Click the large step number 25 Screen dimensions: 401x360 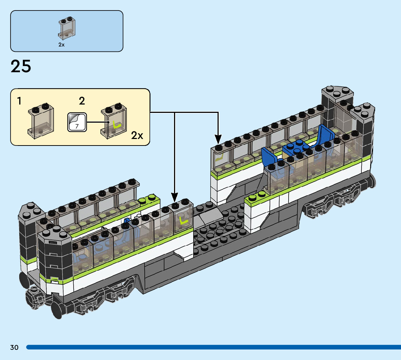pyautogui.click(x=21, y=66)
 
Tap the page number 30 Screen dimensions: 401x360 pyautogui.click(x=15, y=347)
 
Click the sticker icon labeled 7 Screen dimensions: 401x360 pyautogui.click(x=77, y=122)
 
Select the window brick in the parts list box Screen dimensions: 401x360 pyautogui.click(x=67, y=28)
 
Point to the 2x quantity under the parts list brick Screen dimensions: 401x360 pyautogui.click(x=61, y=45)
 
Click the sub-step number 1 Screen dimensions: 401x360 pyautogui.click(x=19, y=101)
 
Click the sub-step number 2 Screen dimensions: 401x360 pyautogui.click(x=82, y=101)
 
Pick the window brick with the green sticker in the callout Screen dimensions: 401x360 pyautogui.click(x=114, y=121)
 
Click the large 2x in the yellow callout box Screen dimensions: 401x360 pyautogui.click(x=137, y=135)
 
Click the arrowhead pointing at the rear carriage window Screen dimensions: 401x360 pyautogui.click(x=218, y=140)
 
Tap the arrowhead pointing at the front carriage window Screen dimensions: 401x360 pyautogui.click(x=174, y=197)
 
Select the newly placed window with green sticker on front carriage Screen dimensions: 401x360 pyautogui.click(x=182, y=216)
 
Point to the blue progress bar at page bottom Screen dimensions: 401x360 pyautogui.click(x=214, y=347)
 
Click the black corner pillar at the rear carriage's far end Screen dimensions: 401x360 pyautogui.click(x=365, y=128)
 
